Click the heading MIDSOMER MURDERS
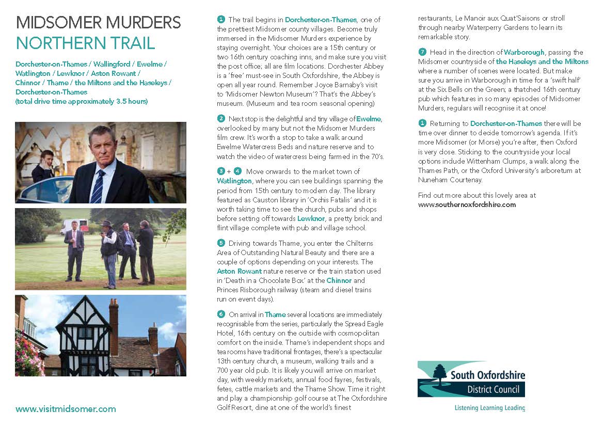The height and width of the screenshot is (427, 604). [98, 23]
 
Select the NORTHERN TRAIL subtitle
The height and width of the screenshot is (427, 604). [85, 43]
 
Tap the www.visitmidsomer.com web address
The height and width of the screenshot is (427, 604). [66, 409]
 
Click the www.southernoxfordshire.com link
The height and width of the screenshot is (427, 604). [467, 204]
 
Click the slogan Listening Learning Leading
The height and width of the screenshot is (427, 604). [489, 408]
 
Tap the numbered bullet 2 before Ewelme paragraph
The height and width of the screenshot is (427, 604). [221, 118]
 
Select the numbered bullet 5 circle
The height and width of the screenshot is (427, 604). [221, 243]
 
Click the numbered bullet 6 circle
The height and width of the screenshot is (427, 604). [221, 314]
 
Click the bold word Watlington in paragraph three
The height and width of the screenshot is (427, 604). [234, 181]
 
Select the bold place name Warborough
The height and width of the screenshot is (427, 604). [524, 52]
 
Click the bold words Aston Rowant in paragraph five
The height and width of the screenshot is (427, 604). [239, 271]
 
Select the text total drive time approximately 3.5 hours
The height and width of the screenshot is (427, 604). [82, 101]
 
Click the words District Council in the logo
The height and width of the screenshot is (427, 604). [486, 389]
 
